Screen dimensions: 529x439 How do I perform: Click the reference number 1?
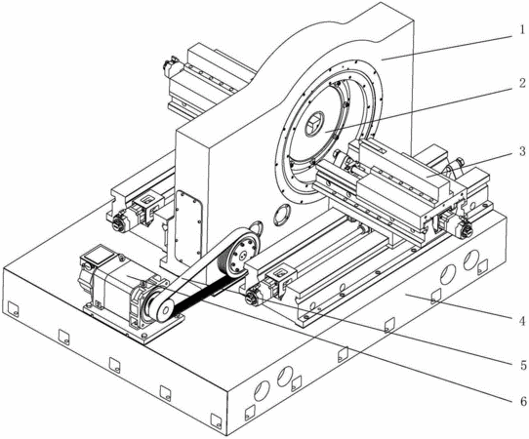click(x=522, y=30)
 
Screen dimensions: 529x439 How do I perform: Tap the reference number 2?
click(x=522, y=83)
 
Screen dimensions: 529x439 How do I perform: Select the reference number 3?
click(x=522, y=150)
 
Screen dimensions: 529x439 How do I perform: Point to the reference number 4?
click(x=522, y=321)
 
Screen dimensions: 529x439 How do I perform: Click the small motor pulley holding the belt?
click(x=162, y=307)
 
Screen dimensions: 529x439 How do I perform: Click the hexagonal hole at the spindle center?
click(x=313, y=125)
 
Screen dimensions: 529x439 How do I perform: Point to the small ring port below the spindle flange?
click(x=281, y=215)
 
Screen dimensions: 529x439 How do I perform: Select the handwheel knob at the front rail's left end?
click(x=253, y=297)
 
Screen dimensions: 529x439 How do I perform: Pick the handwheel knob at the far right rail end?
click(x=465, y=230)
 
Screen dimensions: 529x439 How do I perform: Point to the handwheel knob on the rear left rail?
click(x=118, y=223)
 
